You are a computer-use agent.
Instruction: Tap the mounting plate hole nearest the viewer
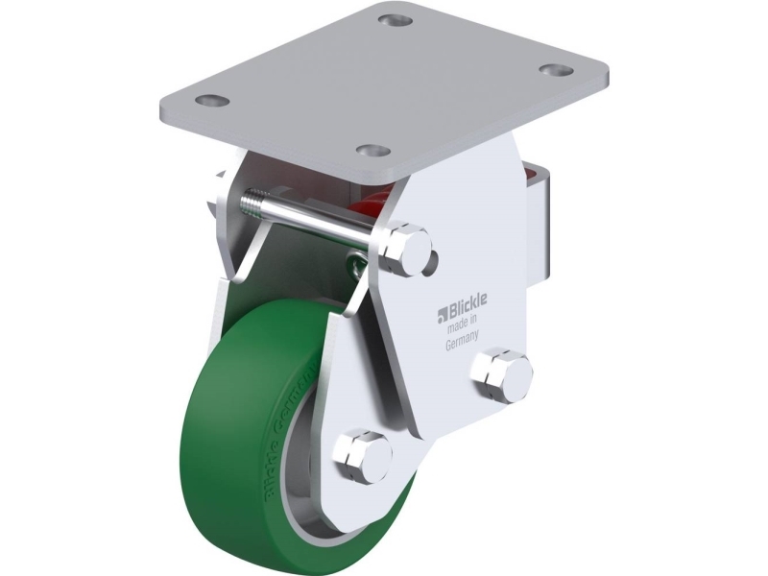[x=372, y=152]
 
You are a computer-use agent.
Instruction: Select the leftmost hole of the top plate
[x=210, y=99]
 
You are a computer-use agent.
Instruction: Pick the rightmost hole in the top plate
[x=554, y=70]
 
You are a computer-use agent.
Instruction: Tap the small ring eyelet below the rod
[x=354, y=260]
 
